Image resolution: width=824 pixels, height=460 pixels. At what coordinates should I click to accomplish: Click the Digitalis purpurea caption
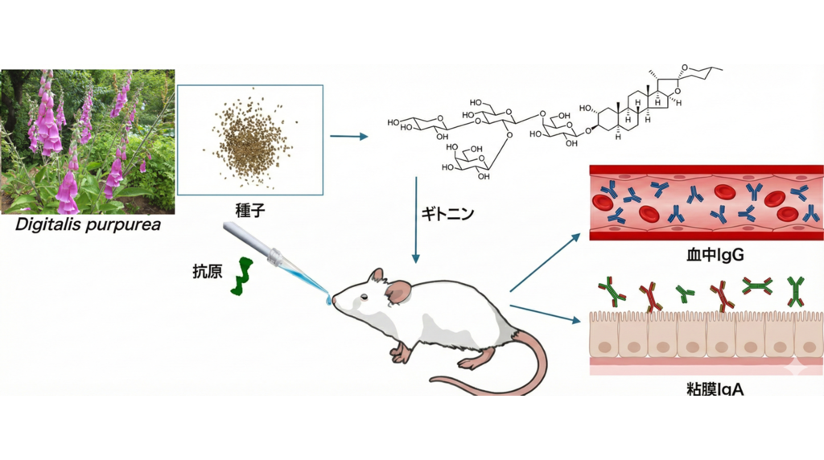point(89,224)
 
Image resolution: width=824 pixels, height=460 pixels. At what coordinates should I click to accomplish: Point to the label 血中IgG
point(706,257)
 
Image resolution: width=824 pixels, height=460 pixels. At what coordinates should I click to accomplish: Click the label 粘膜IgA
point(706,390)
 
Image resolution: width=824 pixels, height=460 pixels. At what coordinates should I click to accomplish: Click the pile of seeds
point(250,140)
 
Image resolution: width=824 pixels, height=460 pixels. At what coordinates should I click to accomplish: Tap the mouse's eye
point(364,300)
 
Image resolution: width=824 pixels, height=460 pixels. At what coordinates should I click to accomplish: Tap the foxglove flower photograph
point(87,142)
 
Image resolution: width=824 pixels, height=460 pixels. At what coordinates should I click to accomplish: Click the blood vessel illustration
point(706,203)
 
